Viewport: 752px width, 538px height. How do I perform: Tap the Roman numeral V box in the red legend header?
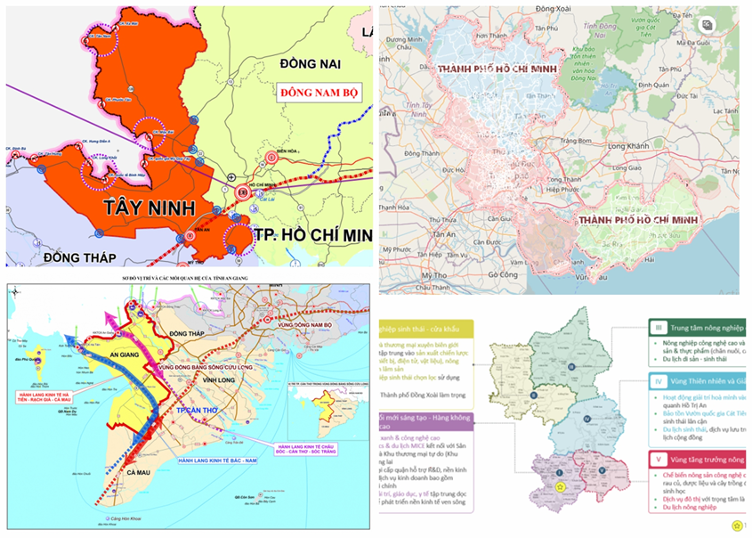656,460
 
